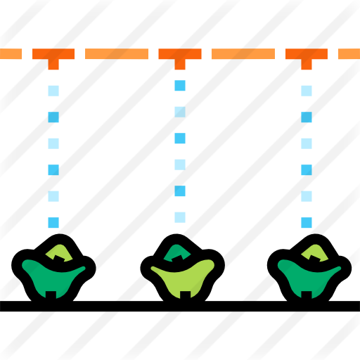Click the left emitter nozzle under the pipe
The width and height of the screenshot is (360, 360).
[x=53, y=65]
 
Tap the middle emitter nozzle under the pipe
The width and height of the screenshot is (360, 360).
[x=180, y=65]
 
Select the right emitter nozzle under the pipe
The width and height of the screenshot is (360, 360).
[x=307, y=65]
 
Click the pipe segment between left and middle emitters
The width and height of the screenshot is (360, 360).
[x=117, y=54]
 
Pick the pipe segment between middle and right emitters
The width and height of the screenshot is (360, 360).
[x=243, y=54]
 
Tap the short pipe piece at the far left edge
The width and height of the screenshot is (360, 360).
[x=11, y=54]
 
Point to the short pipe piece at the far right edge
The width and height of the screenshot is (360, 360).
[x=349, y=54]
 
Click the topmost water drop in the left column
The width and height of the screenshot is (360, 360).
[x=53, y=91]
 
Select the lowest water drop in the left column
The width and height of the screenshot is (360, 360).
[x=53, y=223]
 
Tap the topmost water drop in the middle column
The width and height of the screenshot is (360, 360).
[x=180, y=86]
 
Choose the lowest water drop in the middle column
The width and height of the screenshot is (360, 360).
[x=180, y=217]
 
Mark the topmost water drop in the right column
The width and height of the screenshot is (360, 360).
[x=307, y=91]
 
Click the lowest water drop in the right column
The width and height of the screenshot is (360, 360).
[x=307, y=223]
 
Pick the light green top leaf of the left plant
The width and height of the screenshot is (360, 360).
[x=59, y=252]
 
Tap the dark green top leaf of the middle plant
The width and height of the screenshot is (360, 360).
[x=176, y=252]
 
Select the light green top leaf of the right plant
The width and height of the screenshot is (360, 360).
[x=314, y=252]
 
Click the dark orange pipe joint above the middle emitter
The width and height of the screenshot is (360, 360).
[x=180, y=54]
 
